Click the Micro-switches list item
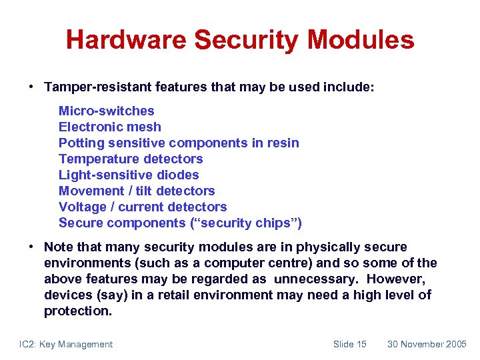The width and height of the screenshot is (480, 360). coord(106,111)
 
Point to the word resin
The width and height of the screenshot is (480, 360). coord(283,143)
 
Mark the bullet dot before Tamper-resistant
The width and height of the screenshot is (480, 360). coord(31,87)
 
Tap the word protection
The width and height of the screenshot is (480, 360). coord(77,311)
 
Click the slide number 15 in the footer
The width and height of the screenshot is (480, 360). coord(361,344)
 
